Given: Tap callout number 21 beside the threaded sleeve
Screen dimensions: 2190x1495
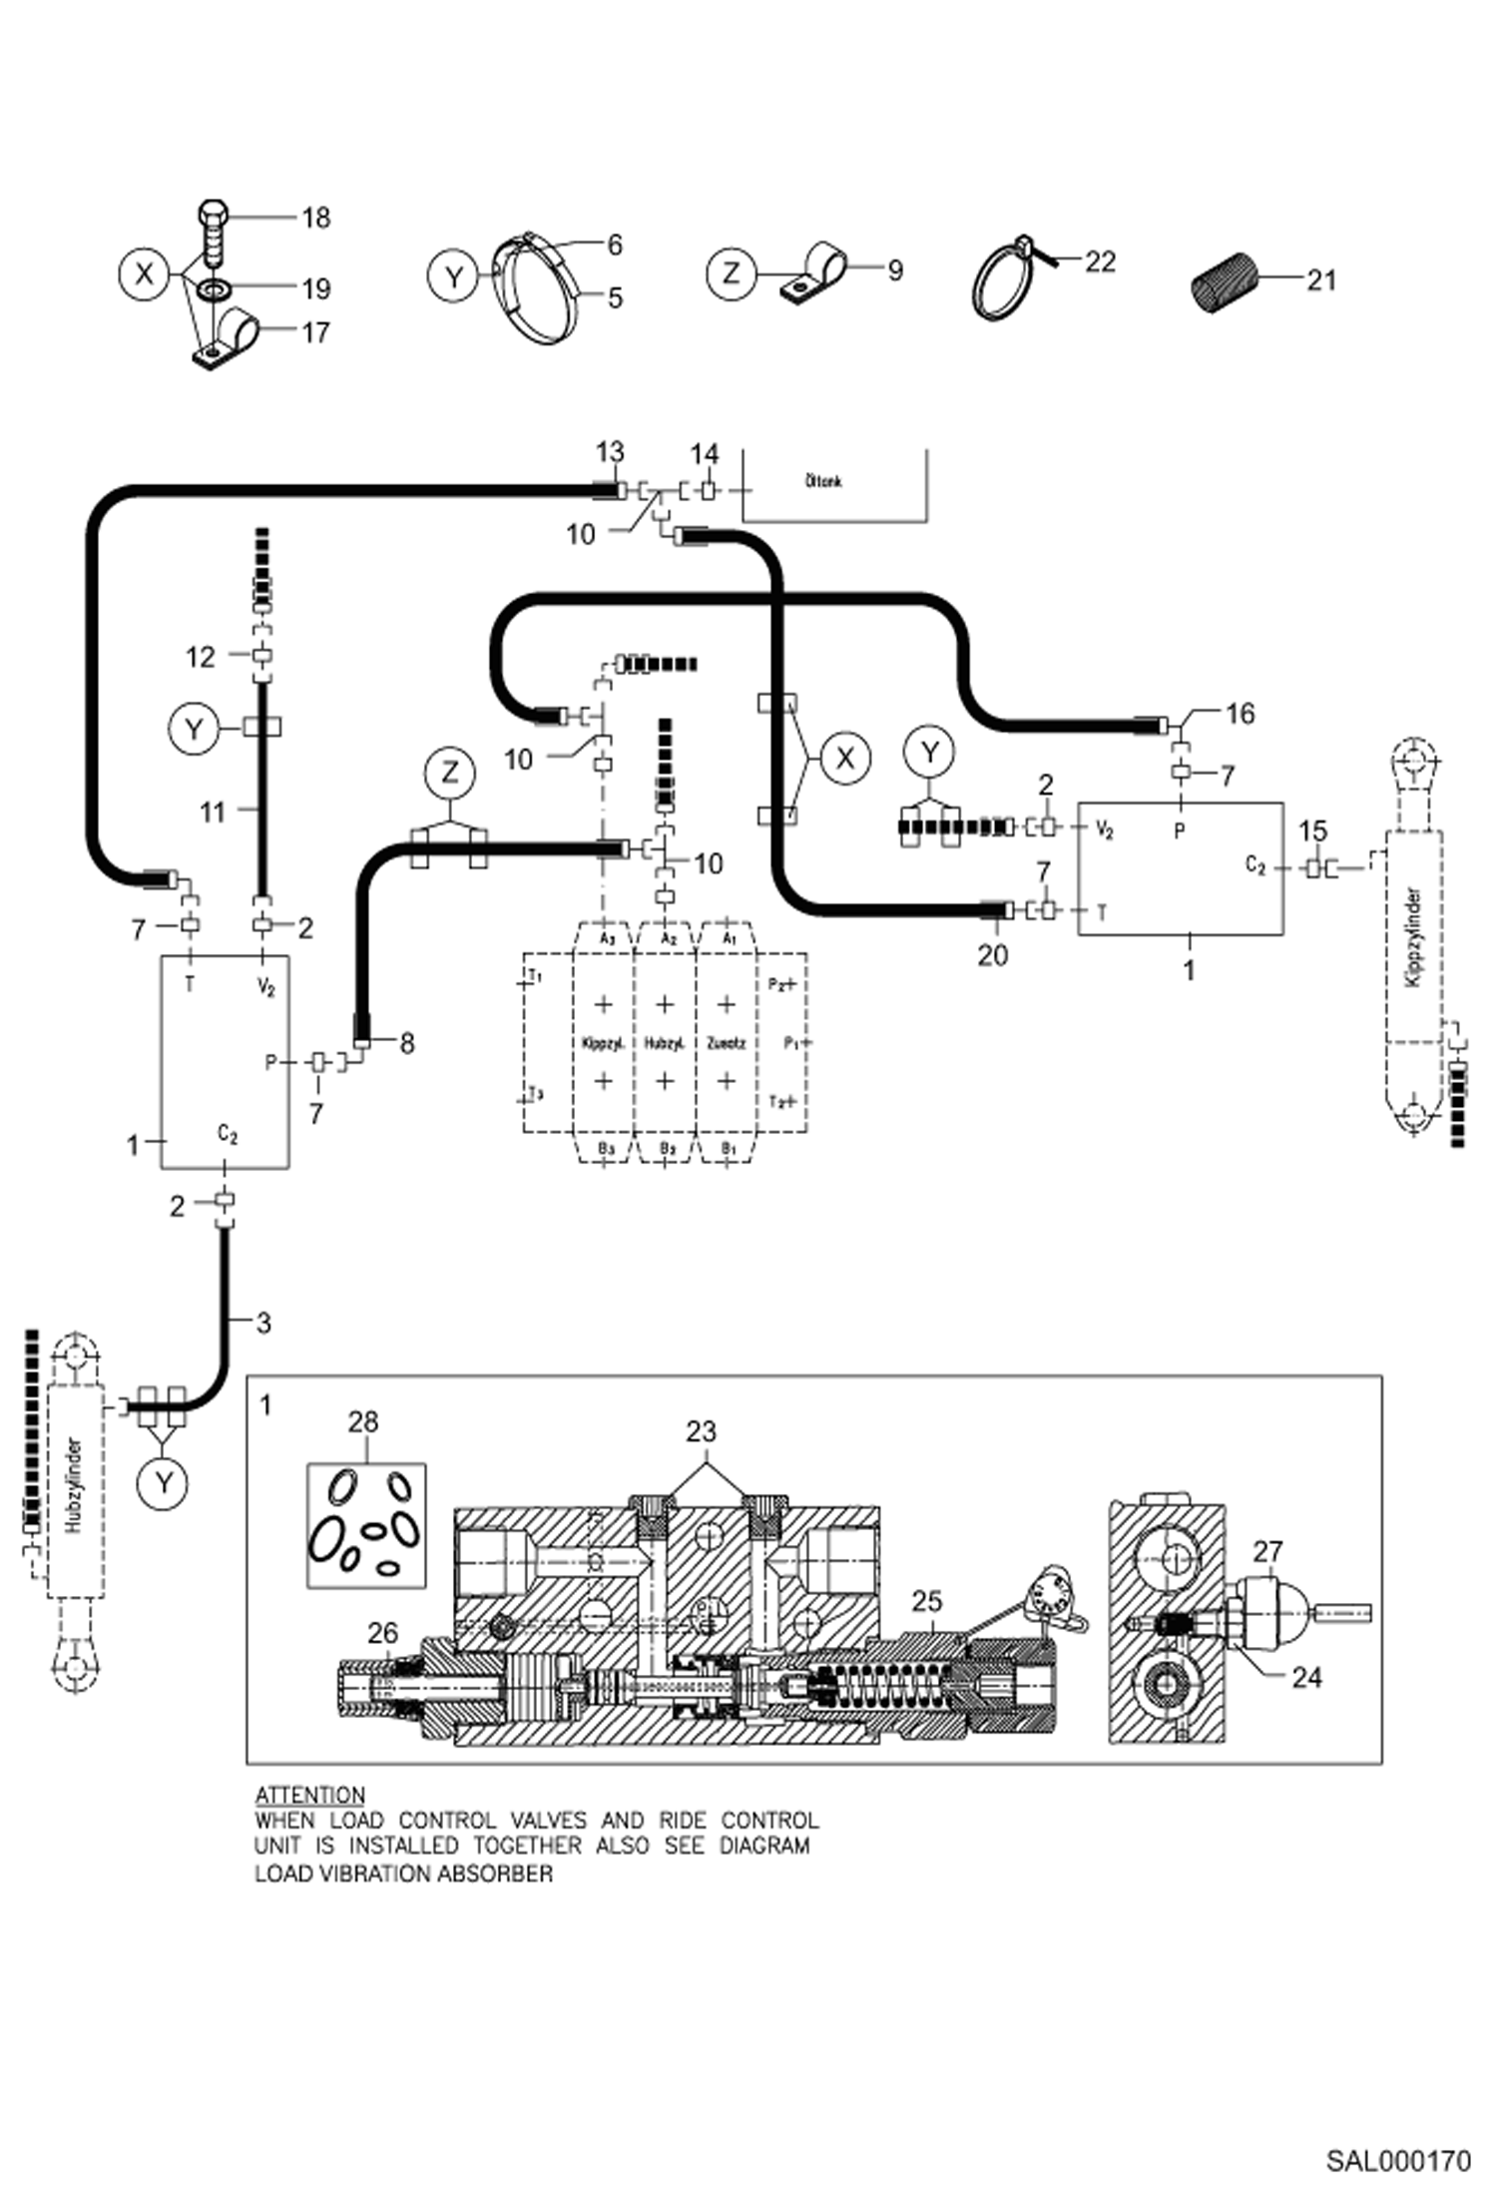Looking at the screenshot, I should (x=1320, y=280).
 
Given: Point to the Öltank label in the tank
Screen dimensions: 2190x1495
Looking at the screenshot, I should (x=823, y=481).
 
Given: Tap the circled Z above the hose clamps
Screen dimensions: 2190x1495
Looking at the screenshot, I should (x=450, y=772).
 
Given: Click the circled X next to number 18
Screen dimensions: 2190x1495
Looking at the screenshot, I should (x=145, y=274).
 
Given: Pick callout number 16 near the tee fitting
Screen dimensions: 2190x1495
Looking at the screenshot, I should (x=1239, y=714).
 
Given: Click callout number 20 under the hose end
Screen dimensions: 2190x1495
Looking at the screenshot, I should (x=992, y=955).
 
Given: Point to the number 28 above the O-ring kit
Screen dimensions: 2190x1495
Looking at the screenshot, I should (x=362, y=1421).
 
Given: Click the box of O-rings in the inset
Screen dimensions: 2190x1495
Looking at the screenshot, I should (x=366, y=1525).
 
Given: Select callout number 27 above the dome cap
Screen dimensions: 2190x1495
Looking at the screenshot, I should (x=1267, y=1551).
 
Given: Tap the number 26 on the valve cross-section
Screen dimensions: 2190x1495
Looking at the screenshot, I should (x=383, y=1633).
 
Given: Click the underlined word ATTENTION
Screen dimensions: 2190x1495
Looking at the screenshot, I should (x=310, y=1794).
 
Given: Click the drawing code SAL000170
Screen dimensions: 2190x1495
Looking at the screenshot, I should (x=1397, y=2161).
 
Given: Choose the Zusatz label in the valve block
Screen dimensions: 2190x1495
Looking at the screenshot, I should (x=726, y=1043).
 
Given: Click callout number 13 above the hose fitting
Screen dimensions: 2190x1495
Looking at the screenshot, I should (x=610, y=452).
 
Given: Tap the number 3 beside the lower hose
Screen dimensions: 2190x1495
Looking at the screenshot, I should (x=263, y=1323).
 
